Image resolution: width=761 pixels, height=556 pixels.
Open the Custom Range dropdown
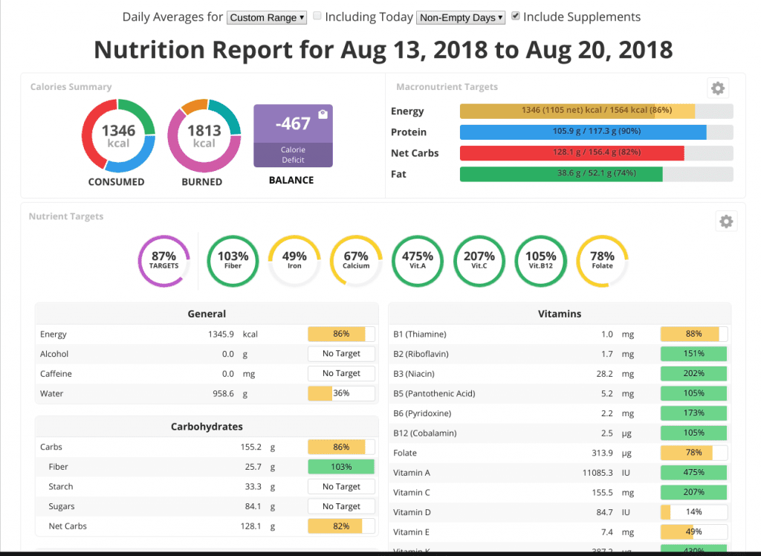[267, 18]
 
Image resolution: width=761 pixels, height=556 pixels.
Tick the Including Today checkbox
[317, 16]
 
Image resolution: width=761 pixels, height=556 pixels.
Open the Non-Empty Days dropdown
[461, 18]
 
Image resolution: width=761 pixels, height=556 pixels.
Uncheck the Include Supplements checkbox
[516, 16]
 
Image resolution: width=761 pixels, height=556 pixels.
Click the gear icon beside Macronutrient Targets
[717, 88]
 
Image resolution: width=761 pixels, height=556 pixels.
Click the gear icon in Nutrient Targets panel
[726, 222]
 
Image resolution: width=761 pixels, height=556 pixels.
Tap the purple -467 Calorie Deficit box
[293, 135]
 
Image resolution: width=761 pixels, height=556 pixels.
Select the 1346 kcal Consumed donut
[117, 136]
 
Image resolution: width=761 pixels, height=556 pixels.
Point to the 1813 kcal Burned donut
[204, 136]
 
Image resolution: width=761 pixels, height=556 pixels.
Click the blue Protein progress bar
[583, 132]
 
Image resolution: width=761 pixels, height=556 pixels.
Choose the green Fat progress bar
[561, 174]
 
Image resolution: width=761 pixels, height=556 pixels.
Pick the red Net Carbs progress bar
[572, 153]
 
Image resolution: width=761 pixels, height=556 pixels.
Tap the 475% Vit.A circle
[417, 260]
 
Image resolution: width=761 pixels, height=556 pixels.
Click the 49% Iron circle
[294, 260]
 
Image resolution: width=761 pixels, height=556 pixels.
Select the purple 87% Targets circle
[163, 260]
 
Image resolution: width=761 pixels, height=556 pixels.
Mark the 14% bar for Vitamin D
[693, 512]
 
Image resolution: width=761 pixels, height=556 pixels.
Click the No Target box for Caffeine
[341, 374]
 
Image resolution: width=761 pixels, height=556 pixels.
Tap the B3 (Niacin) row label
[420, 374]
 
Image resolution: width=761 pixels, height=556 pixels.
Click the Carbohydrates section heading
[207, 427]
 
